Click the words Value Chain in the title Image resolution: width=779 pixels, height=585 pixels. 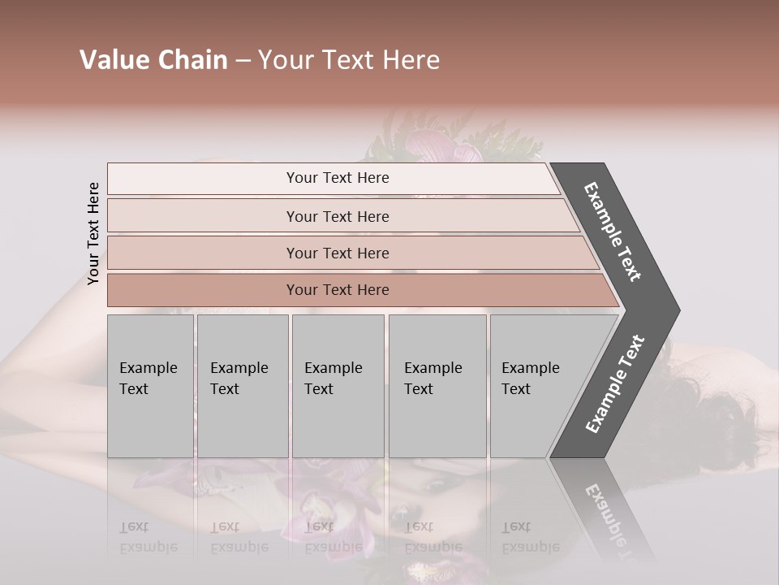click(153, 60)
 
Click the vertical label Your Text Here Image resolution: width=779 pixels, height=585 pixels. click(93, 233)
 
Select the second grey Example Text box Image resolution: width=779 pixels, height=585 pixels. click(243, 386)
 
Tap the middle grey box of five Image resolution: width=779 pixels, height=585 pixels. click(338, 386)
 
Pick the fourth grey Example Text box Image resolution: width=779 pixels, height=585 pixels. click(437, 386)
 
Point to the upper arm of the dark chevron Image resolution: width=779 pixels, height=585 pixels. click(612, 232)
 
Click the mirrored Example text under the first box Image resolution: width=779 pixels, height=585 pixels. click(148, 537)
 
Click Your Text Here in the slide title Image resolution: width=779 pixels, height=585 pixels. click(349, 60)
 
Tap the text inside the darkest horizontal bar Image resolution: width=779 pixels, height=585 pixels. click(338, 290)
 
